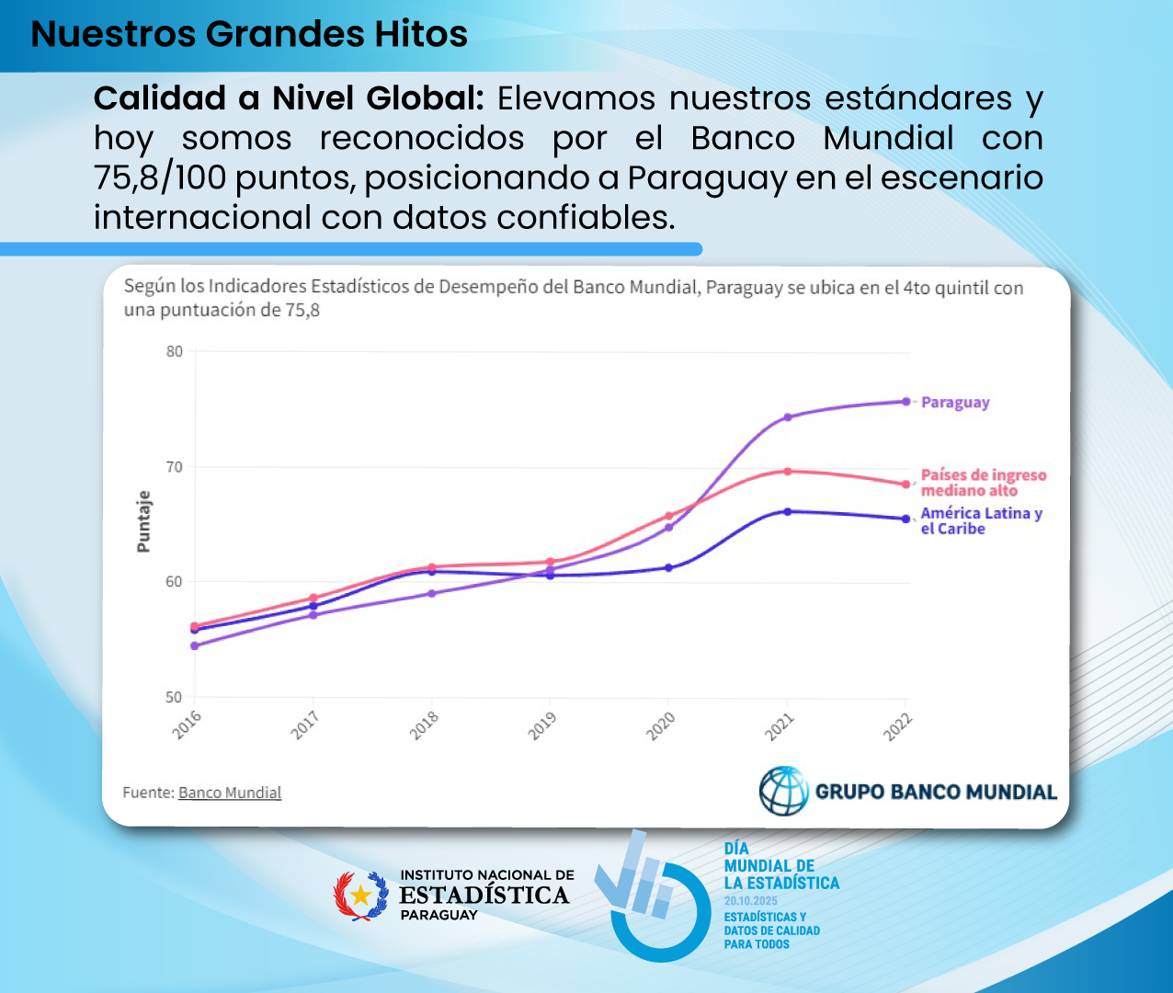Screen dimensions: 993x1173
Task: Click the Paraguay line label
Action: pos(955,403)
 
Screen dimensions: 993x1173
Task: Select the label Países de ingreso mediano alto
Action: pos(983,483)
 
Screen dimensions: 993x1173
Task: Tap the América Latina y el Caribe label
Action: pos(981,521)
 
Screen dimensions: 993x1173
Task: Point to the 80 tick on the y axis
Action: pos(175,351)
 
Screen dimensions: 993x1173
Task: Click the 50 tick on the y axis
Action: pos(175,697)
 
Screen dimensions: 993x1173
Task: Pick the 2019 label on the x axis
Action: pos(542,725)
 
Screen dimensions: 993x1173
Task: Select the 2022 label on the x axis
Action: pos(897,726)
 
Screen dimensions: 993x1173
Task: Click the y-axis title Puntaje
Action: pos(143,521)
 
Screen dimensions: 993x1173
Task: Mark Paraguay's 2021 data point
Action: pos(788,417)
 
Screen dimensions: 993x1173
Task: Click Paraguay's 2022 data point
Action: pos(906,402)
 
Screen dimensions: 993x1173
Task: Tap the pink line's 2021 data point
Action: pos(788,472)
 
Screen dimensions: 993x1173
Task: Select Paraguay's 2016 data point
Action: pos(195,645)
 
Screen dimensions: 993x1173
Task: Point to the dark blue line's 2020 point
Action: pos(669,567)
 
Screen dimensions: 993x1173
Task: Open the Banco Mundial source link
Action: pos(230,793)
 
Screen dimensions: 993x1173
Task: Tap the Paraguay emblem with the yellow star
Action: pos(360,896)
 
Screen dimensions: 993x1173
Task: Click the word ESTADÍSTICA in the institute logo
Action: pos(484,896)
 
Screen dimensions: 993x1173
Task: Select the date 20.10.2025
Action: pos(750,901)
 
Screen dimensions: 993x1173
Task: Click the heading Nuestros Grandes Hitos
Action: pos(249,34)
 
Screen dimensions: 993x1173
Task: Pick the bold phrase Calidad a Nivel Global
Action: pos(289,98)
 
